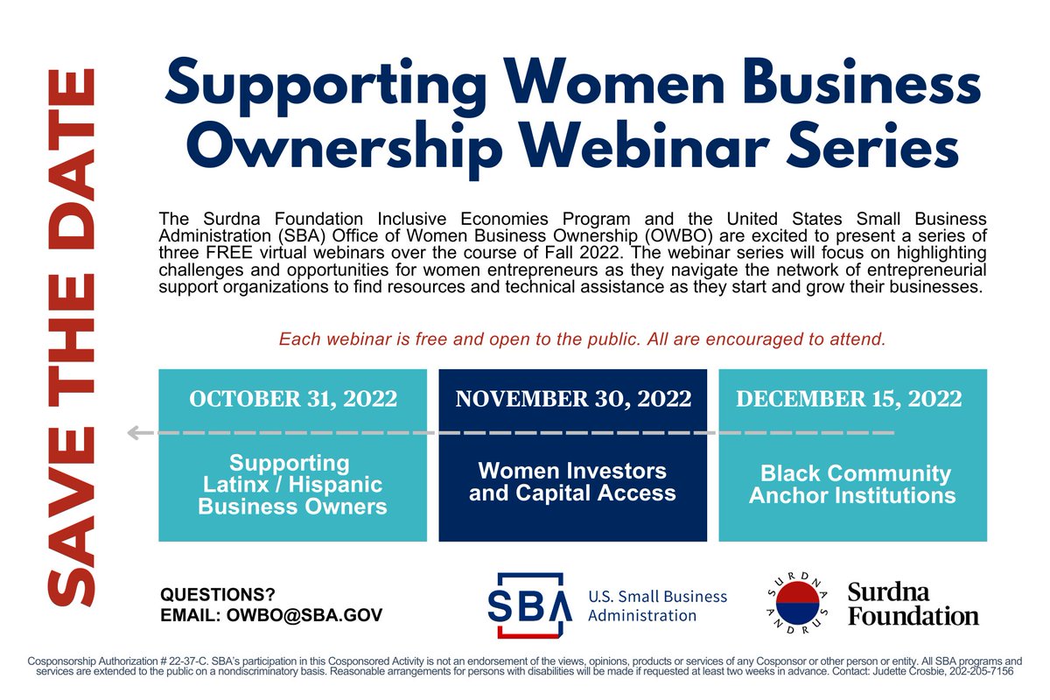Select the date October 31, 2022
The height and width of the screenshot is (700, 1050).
click(293, 400)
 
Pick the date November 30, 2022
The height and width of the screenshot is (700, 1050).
click(573, 400)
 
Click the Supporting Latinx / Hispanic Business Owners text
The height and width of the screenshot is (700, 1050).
click(292, 485)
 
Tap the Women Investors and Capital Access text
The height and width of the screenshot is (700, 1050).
click(572, 482)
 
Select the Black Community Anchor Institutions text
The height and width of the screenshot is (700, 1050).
click(852, 485)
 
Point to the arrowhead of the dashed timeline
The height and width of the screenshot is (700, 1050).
click(134, 432)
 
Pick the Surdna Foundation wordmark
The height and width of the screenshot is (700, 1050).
click(912, 604)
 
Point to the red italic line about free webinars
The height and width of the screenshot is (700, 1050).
click(582, 339)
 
